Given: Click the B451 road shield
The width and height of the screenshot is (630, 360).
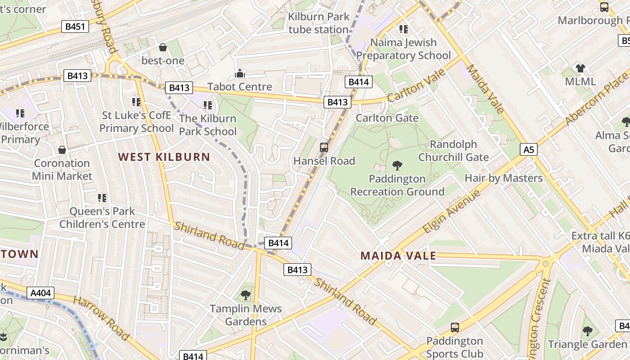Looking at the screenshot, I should (x=75, y=27).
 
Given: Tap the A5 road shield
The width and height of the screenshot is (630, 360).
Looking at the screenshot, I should (x=529, y=149).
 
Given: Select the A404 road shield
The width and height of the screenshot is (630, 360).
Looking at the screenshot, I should (x=40, y=293).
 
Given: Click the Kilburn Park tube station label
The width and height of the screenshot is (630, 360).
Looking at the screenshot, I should (x=319, y=23).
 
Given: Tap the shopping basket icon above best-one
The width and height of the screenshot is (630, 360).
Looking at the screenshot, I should (x=163, y=47).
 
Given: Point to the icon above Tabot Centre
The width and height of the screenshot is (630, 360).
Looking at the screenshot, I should (x=240, y=73).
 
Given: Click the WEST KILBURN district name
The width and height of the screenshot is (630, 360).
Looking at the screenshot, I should (x=164, y=157).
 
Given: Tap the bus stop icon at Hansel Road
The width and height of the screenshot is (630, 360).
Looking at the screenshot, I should (x=324, y=147).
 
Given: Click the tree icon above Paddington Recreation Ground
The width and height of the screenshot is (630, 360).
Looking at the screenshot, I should (x=397, y=165).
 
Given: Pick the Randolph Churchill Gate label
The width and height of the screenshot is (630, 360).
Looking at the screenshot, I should (x=453, y=151).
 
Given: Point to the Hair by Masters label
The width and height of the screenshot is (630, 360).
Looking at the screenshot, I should (x=504, y=178).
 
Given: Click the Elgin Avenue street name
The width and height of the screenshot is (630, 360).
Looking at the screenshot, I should (x=451, y=212).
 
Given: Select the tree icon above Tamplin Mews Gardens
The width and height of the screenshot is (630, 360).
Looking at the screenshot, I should (x=246, y=295).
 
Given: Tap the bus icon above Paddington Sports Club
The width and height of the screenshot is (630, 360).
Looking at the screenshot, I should (x=455, y=327).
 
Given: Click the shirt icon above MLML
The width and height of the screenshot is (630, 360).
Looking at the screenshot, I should (x=580, y=68).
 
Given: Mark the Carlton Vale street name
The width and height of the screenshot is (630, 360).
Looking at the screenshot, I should (x=416, y=85).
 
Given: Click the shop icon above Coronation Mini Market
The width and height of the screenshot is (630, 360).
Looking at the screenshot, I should (x=62, y=150).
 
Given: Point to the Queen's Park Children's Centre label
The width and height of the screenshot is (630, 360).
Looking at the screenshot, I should (x=102, y=217).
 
